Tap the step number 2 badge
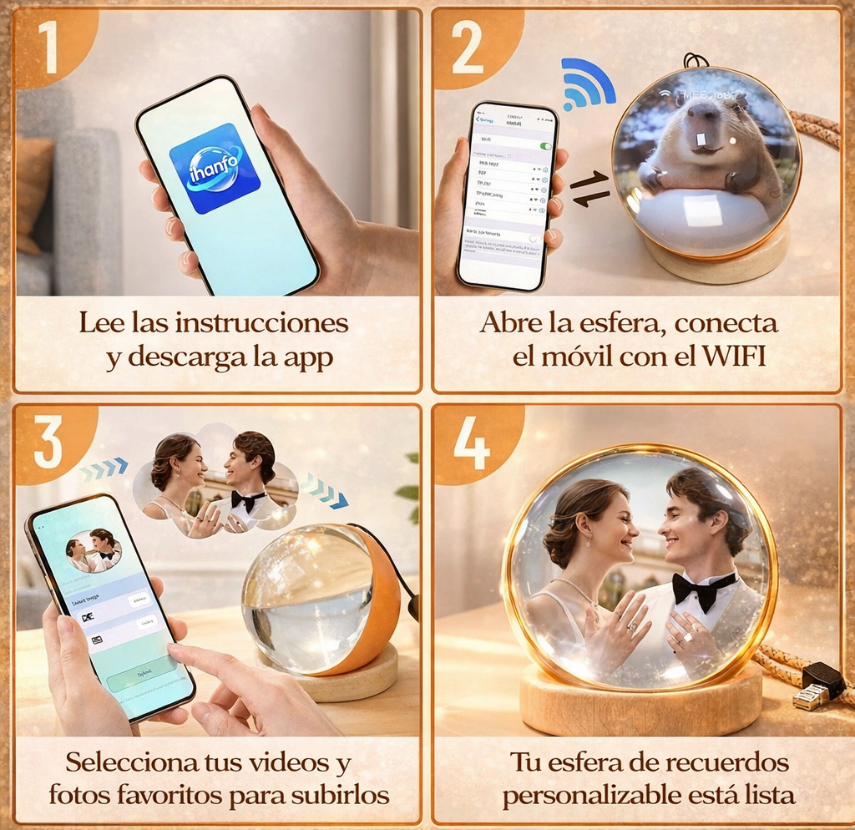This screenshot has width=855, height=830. (x=467, y=48)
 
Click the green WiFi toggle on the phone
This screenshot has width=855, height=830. (x=545, y=146)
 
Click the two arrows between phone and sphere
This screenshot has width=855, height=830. (x=589, y=188)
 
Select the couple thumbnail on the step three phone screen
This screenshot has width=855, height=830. (x=94, y=551)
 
